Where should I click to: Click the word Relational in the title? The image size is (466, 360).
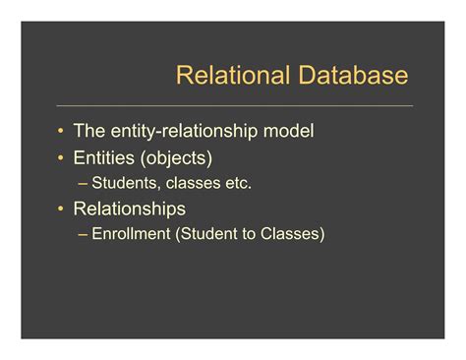[x=222, y=76]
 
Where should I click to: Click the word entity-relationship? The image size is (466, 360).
[x=188, y=131]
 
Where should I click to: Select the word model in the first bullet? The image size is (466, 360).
[x=292, y=131]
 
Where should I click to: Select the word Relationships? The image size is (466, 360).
[x=130, y=209]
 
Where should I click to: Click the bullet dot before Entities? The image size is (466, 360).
[x=62, y=157]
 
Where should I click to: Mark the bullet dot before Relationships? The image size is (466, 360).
[x=62, y=210]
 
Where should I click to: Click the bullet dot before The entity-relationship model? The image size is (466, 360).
[x=62, y=131]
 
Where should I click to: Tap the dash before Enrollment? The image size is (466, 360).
[x=82, y=234]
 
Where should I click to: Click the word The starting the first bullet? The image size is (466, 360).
[x=89, y=131]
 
